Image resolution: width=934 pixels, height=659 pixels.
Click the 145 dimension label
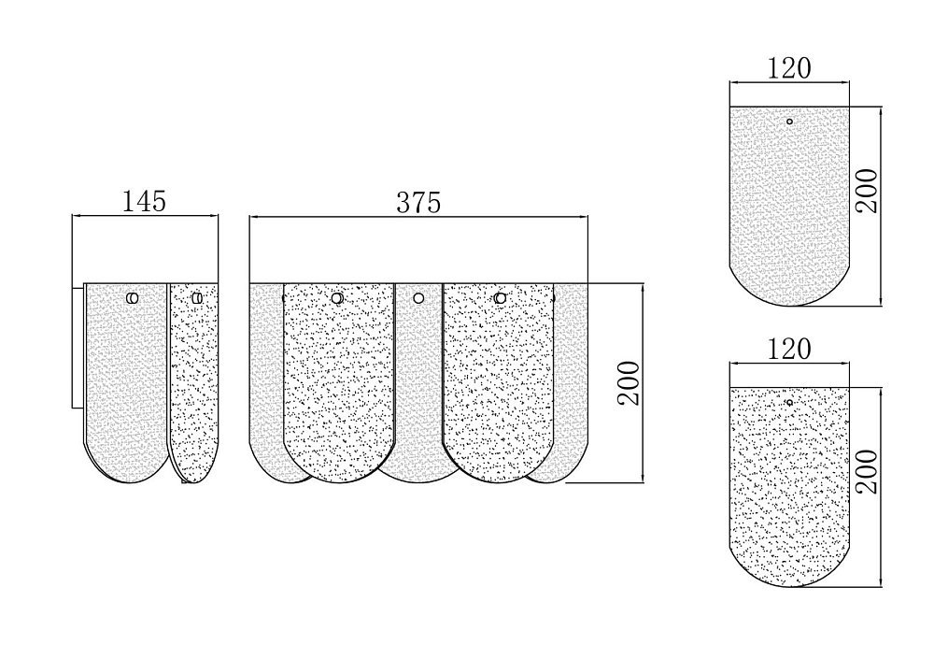144,201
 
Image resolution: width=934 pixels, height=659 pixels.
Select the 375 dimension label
418,203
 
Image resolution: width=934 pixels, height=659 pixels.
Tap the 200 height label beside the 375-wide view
629,383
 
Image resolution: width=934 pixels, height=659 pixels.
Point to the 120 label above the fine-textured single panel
788,68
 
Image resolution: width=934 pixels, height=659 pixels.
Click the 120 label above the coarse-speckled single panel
788,349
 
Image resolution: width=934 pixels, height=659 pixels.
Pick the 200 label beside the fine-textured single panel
867,191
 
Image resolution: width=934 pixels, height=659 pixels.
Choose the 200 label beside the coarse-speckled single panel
867,471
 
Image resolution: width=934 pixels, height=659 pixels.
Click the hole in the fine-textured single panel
789,122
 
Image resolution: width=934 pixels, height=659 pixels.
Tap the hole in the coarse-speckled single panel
789,402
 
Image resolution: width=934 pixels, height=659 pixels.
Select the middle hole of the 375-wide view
418,297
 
